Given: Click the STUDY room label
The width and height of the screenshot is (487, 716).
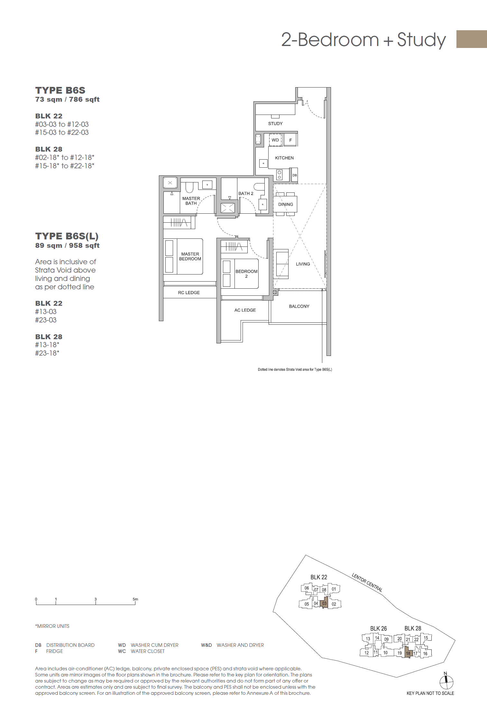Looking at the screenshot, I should pos(275,124).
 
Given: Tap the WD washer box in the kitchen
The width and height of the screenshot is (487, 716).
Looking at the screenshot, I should pos(275,140).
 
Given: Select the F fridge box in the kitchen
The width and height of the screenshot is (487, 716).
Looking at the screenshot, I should pos(290,140).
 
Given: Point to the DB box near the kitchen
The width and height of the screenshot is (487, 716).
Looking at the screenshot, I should pos(294,175).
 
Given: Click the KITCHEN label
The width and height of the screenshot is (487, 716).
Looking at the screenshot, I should pos(284,158).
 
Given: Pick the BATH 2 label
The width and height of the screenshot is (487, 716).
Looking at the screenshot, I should pos(246,193).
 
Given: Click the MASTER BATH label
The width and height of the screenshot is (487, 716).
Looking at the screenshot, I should pos(191,201).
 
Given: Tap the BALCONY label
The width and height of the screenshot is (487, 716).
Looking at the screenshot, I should pos(299,306).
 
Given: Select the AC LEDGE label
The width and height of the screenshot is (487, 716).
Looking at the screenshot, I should pos(245,310).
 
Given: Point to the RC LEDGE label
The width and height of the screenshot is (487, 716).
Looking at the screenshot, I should pos(189,293).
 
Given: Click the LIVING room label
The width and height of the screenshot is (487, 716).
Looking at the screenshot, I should pos(303,264).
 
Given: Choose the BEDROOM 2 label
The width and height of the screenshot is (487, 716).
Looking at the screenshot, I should pos(246,274).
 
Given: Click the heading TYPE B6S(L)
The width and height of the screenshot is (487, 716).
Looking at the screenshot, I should pos(67,236).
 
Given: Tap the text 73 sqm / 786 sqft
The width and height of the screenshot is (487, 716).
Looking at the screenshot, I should pos(67,99).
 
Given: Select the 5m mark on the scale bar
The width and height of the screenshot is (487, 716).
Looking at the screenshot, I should pos(135,599).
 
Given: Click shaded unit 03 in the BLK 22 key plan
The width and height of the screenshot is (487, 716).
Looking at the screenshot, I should pos(324,604).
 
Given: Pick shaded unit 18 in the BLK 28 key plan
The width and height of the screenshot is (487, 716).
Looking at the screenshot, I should pos(408,653).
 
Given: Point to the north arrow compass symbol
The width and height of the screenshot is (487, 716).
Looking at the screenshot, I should pos(446,682).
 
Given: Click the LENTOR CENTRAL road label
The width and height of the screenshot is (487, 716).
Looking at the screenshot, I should pos(367,582).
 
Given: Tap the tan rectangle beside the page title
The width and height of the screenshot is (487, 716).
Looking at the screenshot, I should pos(471,39).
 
